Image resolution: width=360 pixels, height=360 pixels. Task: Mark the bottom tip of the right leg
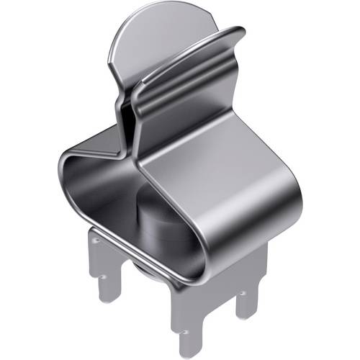tap(248, 317)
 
